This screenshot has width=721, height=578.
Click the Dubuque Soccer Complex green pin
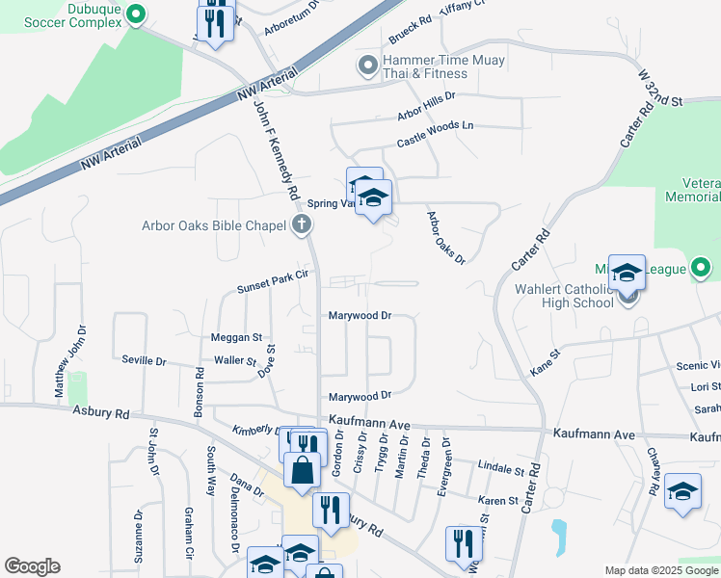pos(136,15)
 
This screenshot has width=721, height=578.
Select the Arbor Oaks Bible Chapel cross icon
pos(302,226)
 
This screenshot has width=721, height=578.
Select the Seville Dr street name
pos(145,360)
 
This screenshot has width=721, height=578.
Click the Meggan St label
pos(237,337)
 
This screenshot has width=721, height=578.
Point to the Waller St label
pos(235,362)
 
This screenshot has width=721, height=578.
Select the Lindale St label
pos(500,469)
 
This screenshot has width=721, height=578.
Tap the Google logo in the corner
pos(32,566)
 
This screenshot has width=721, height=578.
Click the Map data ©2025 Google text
pos(661,570)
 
